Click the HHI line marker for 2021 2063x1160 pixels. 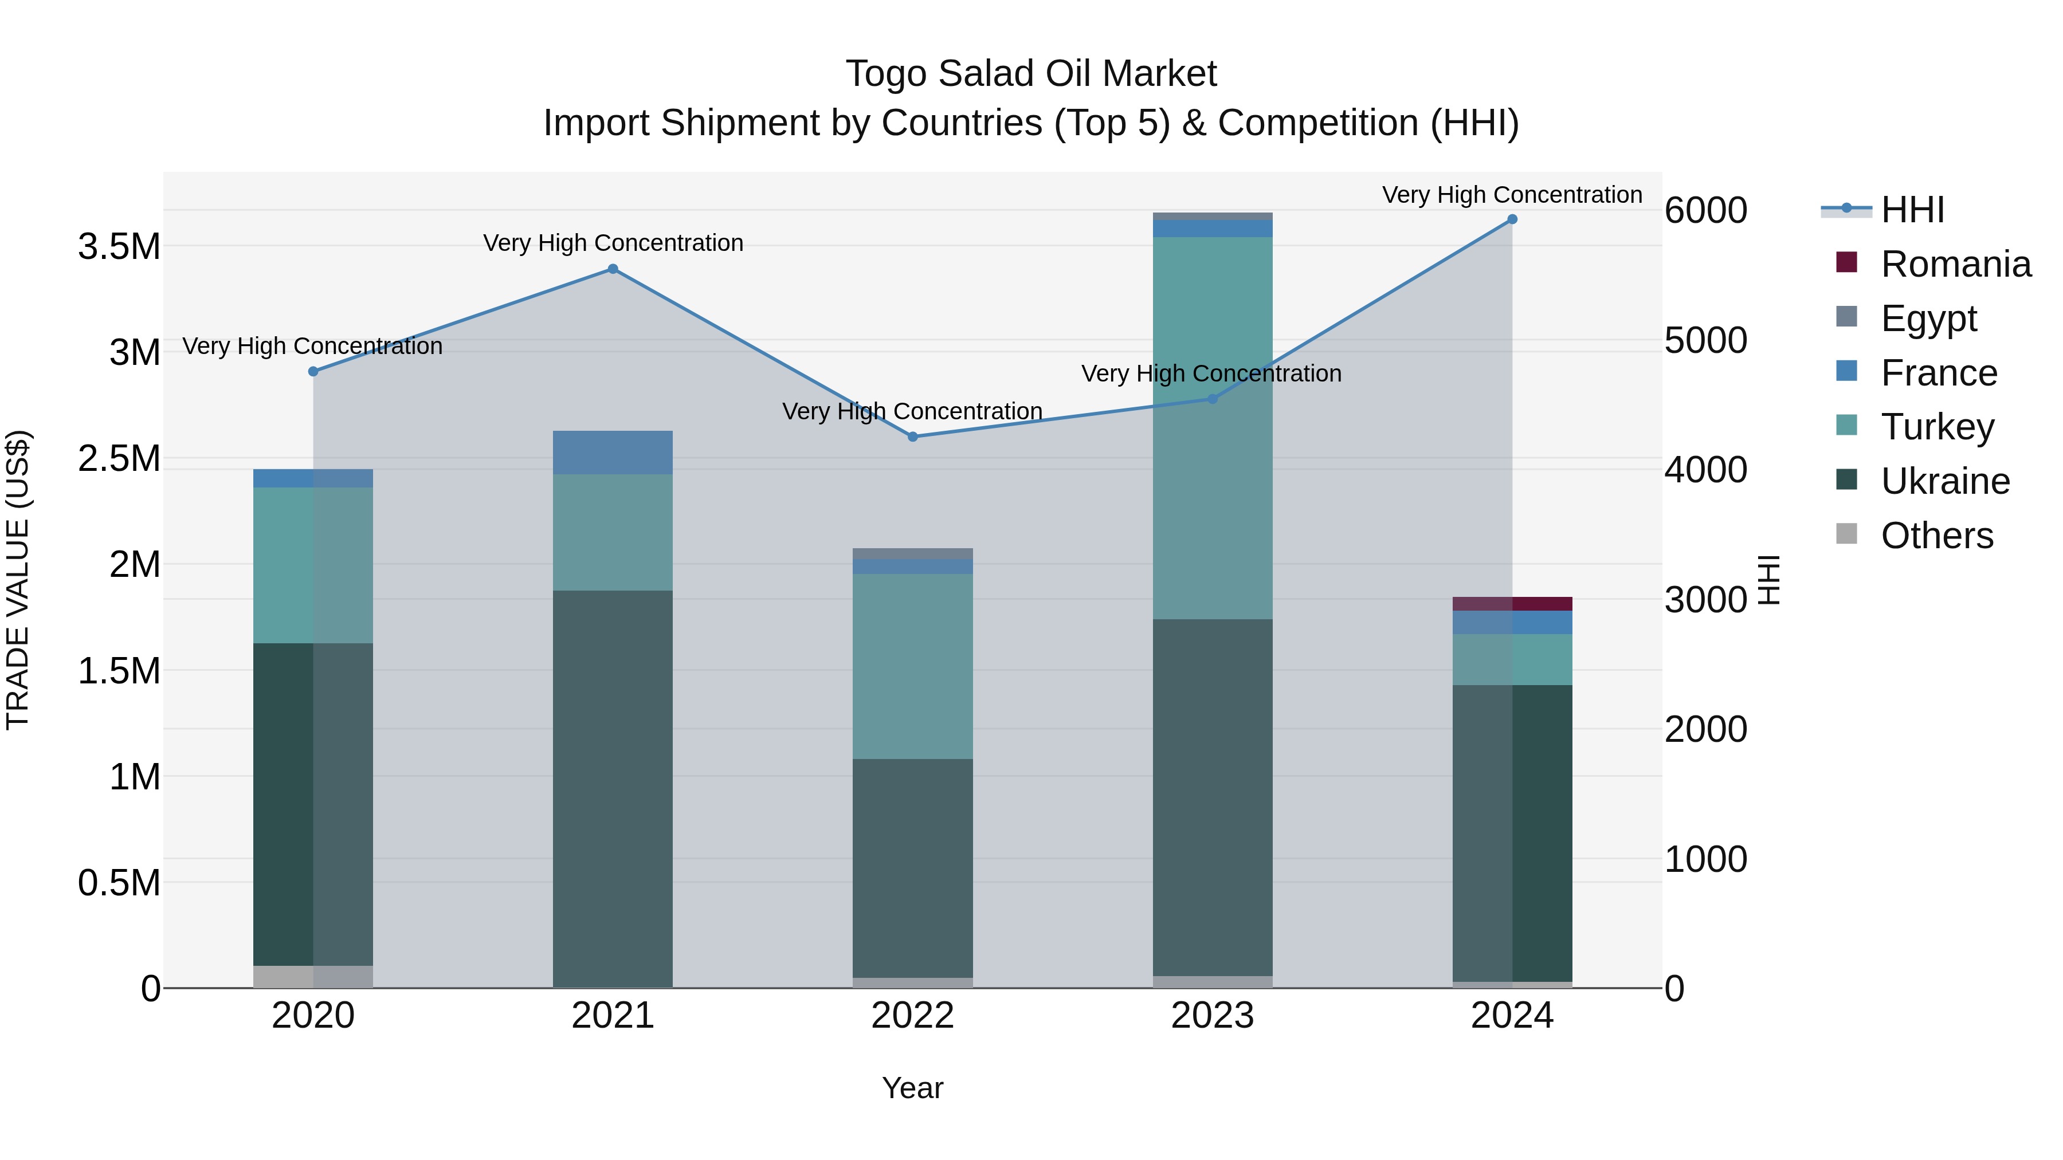click(613, 269)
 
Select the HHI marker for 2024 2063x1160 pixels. click(1512, 219)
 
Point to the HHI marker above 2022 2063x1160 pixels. click(913, 437)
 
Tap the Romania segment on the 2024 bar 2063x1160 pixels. click(1512, 604)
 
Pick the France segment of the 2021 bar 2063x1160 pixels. click(613, 453)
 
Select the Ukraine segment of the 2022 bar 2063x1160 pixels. click(913, 868)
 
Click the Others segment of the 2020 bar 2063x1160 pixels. click(313, 976)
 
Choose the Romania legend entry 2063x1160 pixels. click(1955, 264)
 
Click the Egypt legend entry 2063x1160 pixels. click(1928, 318)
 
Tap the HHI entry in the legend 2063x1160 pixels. click(1912, 210)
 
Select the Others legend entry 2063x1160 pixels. click(1936, 536)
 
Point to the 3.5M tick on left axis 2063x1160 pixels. click(119, 246)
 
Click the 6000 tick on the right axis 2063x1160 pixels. click(1705, 211)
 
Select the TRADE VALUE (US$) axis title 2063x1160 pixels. click(18, 580)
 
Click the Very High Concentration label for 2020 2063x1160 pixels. click(312, 346)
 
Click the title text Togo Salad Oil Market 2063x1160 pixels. click(1031, 74)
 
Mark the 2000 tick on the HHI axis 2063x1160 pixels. click(1705, 729)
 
